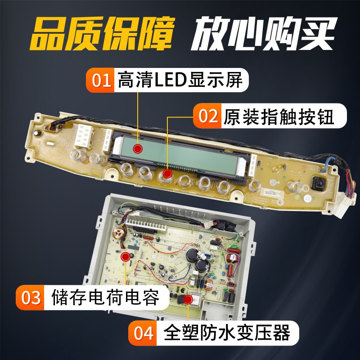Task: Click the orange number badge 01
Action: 100,80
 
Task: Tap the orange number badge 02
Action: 207,116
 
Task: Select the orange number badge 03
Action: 30,297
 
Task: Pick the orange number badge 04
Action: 143,333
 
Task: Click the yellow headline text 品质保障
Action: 101,33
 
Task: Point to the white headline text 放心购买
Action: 264,33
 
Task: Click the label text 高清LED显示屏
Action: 180,80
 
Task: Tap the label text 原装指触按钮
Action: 279,116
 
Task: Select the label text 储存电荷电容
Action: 105,297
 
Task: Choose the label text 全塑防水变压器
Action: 227,333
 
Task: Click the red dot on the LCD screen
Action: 138,148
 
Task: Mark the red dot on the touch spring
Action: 167,174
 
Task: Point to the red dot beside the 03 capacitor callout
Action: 126,256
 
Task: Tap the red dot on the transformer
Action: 189,299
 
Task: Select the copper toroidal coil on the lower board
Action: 119,234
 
